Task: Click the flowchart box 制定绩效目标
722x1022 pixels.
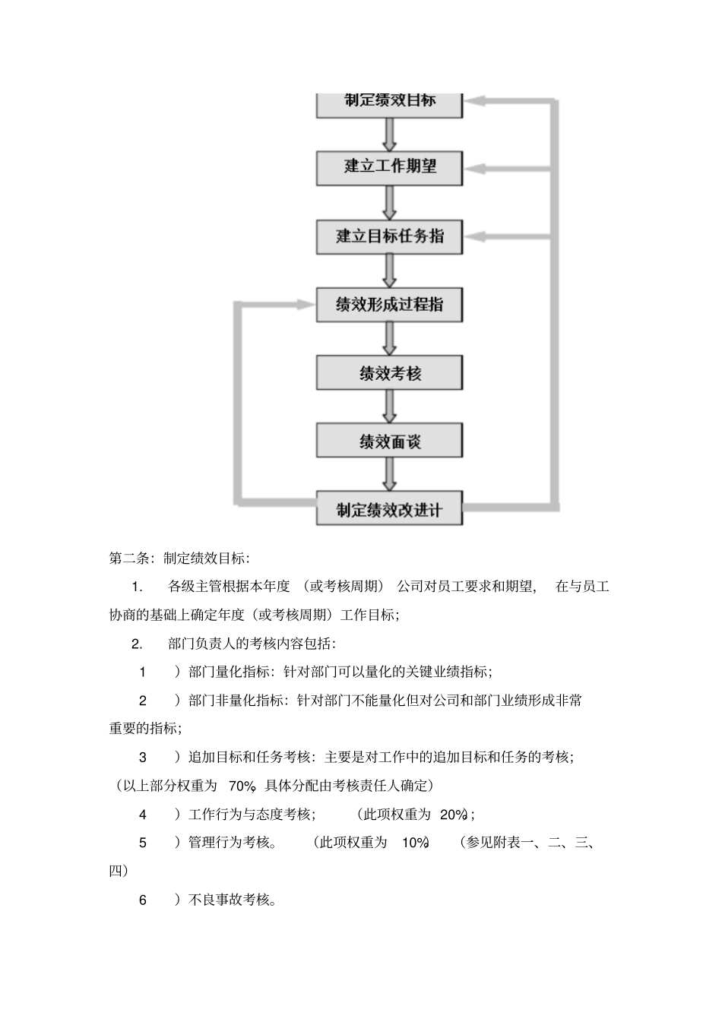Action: [x=389, y=103]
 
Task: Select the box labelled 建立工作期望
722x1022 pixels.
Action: [x=389, y=167]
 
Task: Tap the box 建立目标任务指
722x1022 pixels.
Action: [x=389, y=236]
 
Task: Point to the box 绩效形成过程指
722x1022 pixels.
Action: [x=389, y=305]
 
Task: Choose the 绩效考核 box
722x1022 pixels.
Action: [x=389, y=373]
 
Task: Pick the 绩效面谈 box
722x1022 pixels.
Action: [x=389, y=441]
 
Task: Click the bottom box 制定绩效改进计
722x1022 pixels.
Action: [x=389, y=509]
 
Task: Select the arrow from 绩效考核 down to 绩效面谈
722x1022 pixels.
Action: [x=389, y=407]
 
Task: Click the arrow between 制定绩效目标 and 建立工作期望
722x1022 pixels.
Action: [x=389, y=135]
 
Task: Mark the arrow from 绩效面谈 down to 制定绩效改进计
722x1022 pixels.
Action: [x=389, y=475]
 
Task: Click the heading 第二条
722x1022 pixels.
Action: [x=127, y=558]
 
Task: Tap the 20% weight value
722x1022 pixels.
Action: [x=453, y=815]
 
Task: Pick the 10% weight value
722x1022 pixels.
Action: [x=416, y=843]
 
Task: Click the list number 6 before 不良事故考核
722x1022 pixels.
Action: [x=143, y=900]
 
